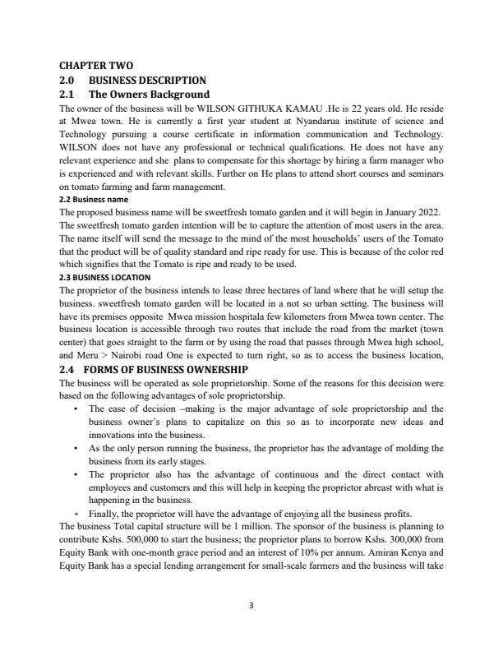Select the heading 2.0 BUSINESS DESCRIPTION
click(x=133, y=80)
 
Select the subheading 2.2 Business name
click(x=94, y=199)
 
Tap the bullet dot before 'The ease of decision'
click(x=76, y=409)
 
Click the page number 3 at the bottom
click(x=251, y=606)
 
